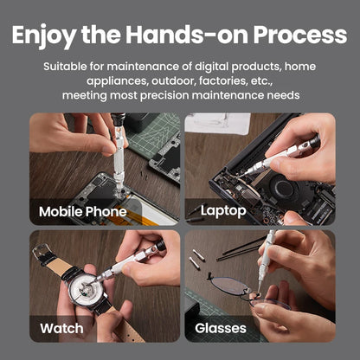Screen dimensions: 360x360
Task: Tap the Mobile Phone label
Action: [x=82, y=211]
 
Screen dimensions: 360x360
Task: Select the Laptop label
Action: [x=223, y=210]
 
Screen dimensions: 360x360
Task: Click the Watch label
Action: [x=61, y=328]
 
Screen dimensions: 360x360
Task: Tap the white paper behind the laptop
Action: [x=216, y=122]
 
